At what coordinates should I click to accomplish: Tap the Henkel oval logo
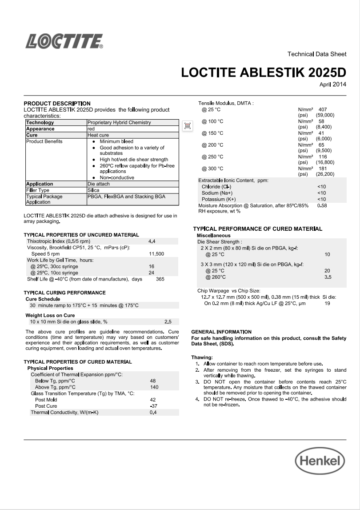tap(320, 461)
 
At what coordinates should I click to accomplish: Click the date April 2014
tap(333, 84)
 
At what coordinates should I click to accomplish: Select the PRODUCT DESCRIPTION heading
tap(57, 103)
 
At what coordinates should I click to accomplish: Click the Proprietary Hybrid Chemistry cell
tap(119, 122)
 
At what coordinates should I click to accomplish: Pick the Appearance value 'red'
tap(91, 129)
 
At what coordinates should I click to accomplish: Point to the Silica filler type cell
tap(93, 190)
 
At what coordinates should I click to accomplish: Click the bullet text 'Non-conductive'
tap(117, 177)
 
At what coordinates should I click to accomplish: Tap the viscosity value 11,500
tap(156, 254)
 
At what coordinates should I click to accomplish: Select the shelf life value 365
tap(160, 279)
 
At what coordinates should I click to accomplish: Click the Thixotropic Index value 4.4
tap(152, 241)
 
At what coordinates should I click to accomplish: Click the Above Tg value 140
tap(154, 387)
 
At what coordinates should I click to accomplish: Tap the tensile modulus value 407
tap(323, 109)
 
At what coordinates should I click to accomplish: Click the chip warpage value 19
tap(327, 303)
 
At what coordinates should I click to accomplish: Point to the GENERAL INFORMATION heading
tap(221, 332)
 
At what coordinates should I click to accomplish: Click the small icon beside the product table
tap(188, 126)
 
